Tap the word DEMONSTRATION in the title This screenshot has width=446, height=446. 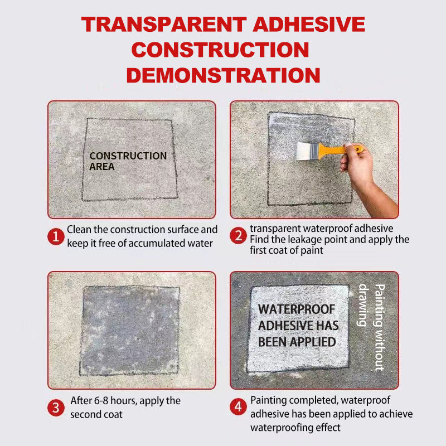pos(223,75)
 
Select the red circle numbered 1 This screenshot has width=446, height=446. pos(55,236)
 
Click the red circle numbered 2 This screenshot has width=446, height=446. pos(238,236)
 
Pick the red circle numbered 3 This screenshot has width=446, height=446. pos(55,408)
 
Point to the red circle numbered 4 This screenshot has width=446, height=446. pos(238,408)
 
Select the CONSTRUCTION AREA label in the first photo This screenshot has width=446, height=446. pos(128,161)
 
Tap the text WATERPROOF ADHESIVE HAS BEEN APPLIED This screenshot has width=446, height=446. pos(298,325)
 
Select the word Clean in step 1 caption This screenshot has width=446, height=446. pos(79,230)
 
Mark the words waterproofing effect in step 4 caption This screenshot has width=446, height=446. pos(295,428)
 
